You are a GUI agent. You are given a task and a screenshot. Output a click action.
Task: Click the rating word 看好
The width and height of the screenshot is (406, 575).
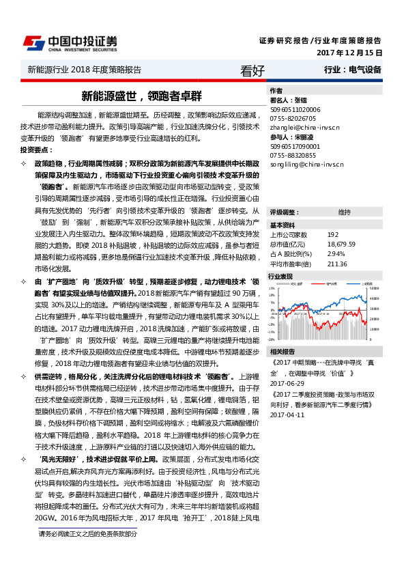click(252, 70)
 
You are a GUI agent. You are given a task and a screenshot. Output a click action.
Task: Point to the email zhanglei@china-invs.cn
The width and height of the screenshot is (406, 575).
click(304, 127)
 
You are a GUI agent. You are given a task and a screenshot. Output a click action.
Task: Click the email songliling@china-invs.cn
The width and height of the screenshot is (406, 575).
click(306, 165)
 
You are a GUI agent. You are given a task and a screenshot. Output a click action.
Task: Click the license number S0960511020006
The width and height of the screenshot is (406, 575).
click(295, 109)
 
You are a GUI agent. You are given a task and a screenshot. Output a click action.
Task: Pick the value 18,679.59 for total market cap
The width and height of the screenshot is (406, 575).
click(342, 244)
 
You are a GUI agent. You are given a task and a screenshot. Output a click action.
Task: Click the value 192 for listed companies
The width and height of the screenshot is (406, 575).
click(332, 234)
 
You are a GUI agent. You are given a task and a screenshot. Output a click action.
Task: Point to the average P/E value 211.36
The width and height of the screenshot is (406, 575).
click(337, 264)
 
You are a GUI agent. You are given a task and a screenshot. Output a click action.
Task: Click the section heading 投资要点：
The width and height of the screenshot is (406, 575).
click(35, 149)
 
